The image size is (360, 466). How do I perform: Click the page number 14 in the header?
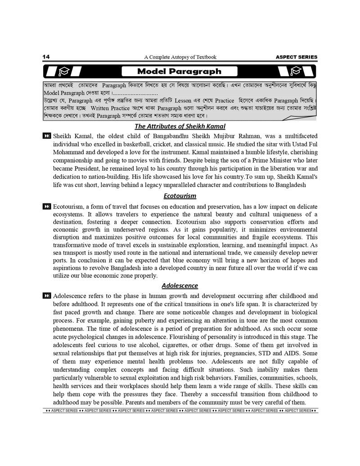46,57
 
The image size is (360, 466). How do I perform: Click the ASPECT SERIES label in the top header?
296,57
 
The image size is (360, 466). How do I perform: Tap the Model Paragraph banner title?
179,71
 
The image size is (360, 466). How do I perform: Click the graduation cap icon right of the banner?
296,71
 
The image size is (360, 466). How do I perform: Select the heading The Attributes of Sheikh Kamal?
180,127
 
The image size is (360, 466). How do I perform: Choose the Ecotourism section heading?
180,196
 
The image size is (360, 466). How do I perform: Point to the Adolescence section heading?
180,285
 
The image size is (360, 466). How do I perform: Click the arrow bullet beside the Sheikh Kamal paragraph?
47,136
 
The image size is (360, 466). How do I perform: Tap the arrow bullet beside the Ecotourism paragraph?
47,206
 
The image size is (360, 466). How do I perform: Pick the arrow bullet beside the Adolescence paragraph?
47,296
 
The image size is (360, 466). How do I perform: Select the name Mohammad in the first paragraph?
67,152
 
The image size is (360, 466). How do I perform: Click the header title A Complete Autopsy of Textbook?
180,57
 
